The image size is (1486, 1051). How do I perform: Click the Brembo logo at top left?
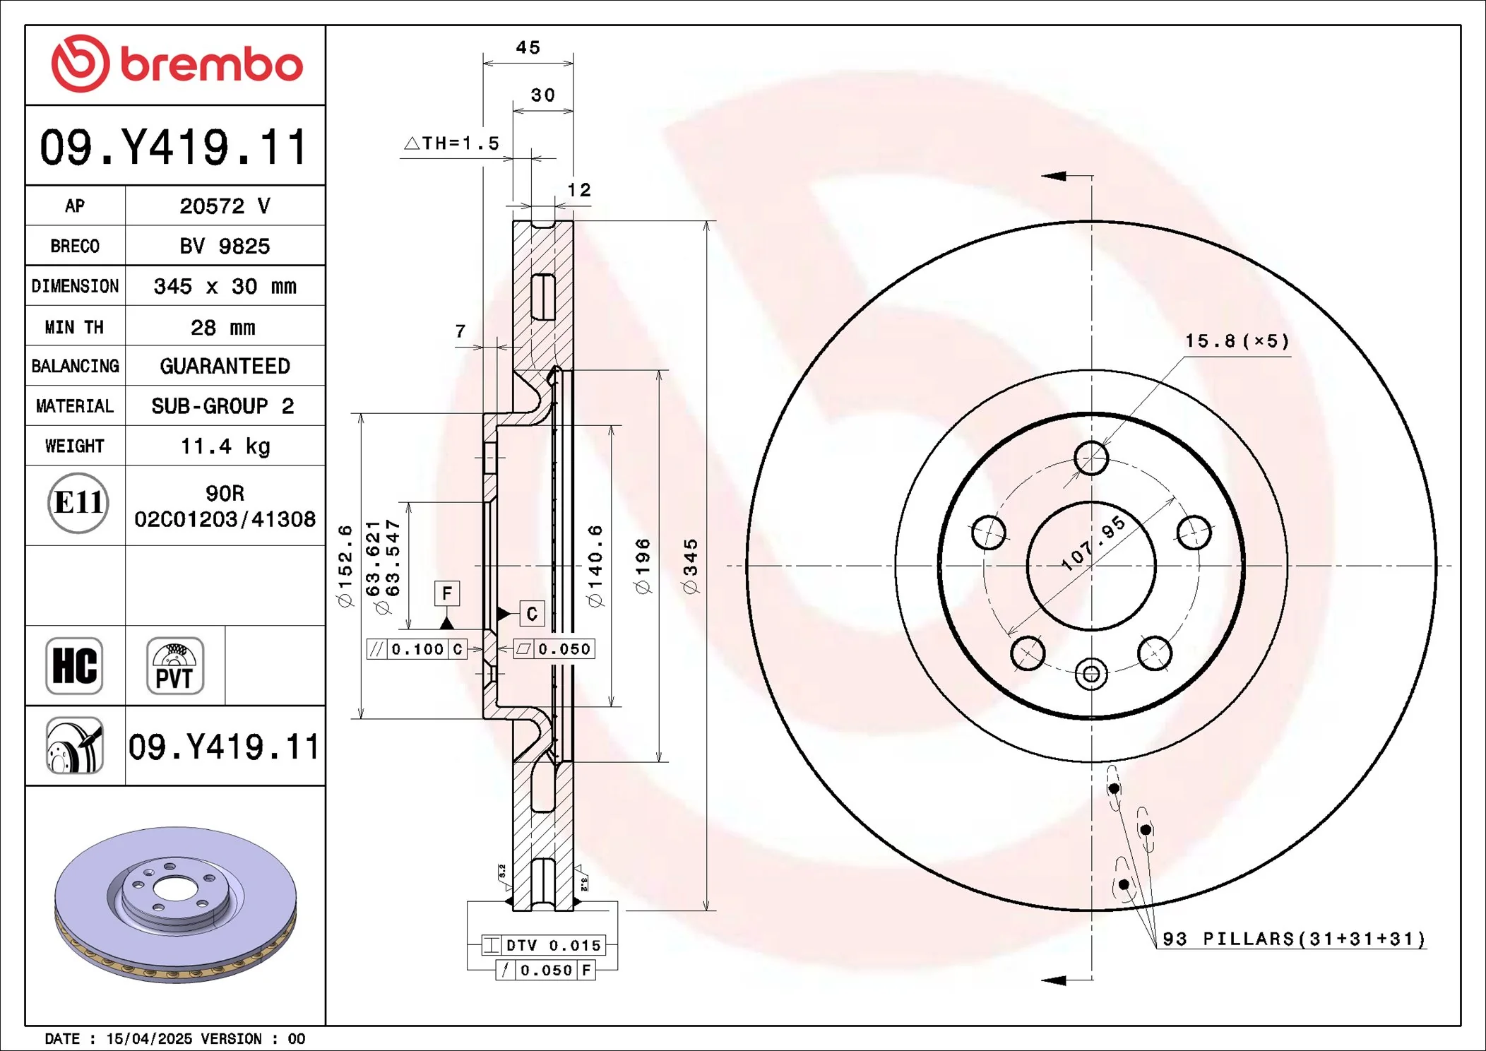177,64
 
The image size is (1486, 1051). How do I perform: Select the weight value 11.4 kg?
225,446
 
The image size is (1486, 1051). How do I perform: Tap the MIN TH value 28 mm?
223,327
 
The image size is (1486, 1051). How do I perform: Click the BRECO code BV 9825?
225,246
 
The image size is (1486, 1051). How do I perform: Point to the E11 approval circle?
78,503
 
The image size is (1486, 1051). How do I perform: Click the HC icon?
74,666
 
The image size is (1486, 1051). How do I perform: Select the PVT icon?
175,666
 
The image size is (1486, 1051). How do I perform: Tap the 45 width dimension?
528,48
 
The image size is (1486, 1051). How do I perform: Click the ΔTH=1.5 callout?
452,143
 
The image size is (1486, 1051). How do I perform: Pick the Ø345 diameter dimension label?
691,565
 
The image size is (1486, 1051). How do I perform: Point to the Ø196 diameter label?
643,565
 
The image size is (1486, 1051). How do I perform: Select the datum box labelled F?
446,593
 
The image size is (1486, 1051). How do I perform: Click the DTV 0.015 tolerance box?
544,945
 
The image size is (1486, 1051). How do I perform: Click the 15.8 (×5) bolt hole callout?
1237,341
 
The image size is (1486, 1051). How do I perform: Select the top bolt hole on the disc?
1091,458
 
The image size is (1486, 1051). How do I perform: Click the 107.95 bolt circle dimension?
1093,542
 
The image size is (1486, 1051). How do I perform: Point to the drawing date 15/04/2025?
149,1039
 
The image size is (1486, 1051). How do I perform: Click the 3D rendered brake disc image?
175,904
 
